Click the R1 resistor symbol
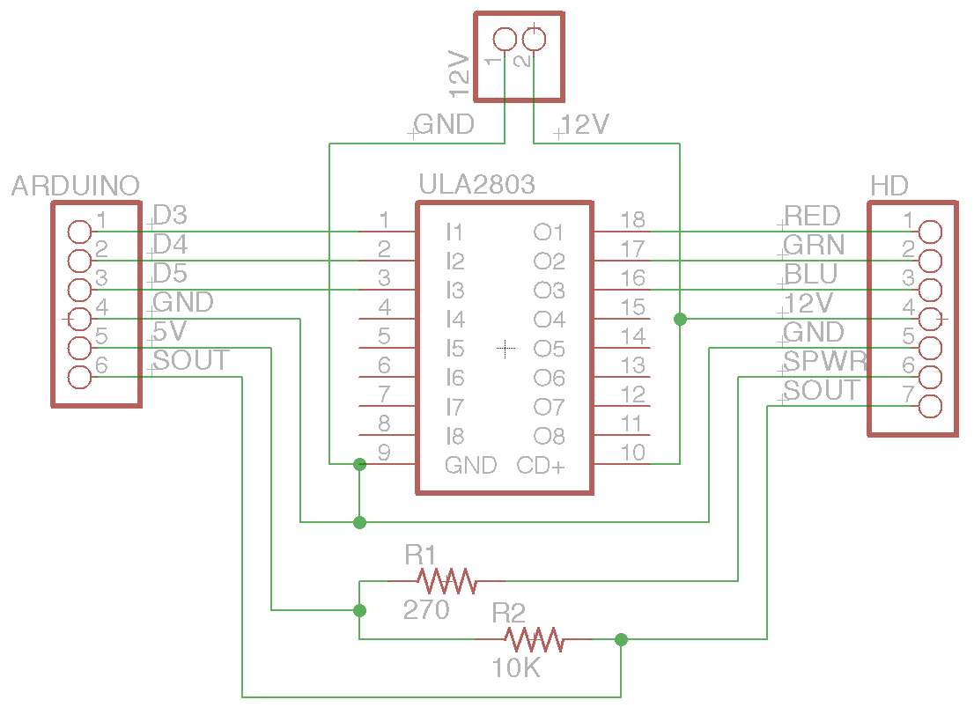pos(446,580)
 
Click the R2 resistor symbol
pos(534,639)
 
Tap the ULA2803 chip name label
pos(476,184)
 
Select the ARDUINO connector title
pos(76,186)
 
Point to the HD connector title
pos(889,186)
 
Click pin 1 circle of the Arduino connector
pos(79,232)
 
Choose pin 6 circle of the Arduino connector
pos(79,378)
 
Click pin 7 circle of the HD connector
pos(930,406)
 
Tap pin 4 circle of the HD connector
pos(930,318)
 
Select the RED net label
pos(812,216)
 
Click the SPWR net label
pos(825,361)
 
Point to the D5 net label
pos(170,272)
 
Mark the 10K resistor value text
pos(516,669)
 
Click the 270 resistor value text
pos(426,609)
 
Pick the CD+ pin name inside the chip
pos(541,465)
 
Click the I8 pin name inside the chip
pos(454,436)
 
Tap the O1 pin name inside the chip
pos(549,232)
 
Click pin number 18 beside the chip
pos(632,219)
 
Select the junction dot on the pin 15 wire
pos(680,319)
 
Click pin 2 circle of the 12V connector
pos(534,40)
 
